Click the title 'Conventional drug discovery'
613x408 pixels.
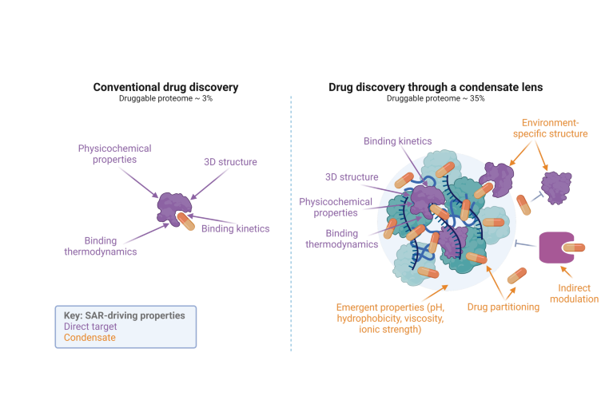(x=165, y=87)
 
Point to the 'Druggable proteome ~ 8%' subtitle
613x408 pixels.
(x=165, y=98)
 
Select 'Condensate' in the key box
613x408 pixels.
(x=89, y=338)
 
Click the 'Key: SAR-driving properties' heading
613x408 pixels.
(x=124, y=315)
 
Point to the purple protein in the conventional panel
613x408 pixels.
(x=171, y=206)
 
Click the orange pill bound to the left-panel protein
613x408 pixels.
(x=185, y=220)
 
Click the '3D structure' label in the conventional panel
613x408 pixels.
(x=230, y=163)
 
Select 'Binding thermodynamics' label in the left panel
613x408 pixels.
(x=111, y=245)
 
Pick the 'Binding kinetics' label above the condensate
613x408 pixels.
(x=397, y=141)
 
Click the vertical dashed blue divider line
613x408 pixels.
(x=291, y=224)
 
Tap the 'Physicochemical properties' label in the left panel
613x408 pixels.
(x=114, y=153)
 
